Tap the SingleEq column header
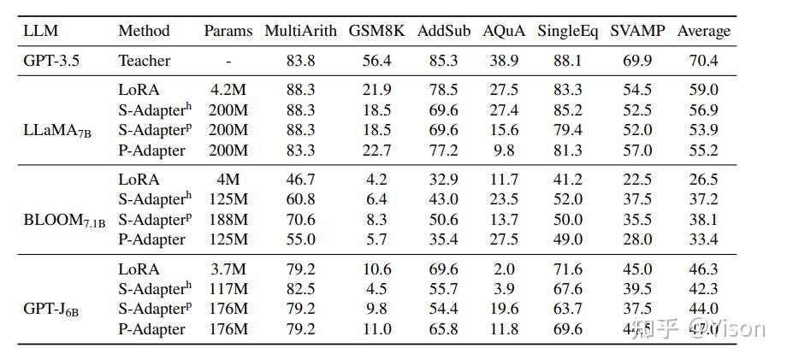(x=568, y=31)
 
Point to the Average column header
(x=704, y=31)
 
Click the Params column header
(x=228, y=31)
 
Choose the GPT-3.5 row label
(x=55, y=61)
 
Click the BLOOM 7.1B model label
(x=64, y=220)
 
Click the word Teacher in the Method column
(x=145, y=61)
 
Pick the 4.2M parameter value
(x=228, y=90)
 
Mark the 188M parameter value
(x=228, y=220)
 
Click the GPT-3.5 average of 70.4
(x=704, y=61)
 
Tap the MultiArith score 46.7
(x=301, y=180)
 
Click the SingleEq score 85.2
(x=568, y=110)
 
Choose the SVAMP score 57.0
(x=636, y=150)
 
